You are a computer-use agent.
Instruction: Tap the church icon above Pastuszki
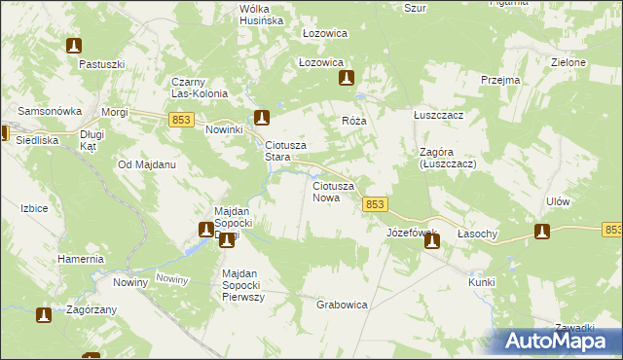74,46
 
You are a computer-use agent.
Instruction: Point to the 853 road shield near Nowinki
179,119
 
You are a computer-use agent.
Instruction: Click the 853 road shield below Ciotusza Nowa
377,204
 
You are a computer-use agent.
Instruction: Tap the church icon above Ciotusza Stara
262,119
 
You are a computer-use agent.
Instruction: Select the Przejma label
500,81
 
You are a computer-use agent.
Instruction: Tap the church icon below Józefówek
431,240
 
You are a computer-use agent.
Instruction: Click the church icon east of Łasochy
542,232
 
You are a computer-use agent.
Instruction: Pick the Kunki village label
481,282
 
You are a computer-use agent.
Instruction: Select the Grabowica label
342,305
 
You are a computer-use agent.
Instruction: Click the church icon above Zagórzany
44,314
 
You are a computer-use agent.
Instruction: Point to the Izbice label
34,207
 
